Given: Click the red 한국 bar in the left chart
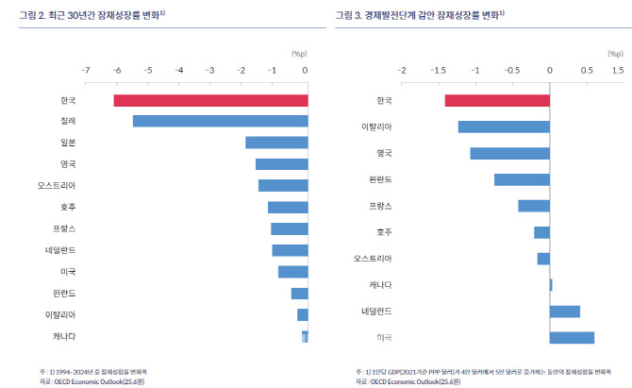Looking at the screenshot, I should [210, 101].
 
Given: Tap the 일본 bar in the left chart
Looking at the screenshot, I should [276, 143].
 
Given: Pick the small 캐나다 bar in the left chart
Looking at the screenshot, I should [305, 337].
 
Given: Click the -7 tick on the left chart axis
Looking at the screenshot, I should [86, 70].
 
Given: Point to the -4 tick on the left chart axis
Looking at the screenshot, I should [179, 70].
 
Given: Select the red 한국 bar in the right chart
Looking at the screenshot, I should [497, 101].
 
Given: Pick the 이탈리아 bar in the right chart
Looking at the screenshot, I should [504, 127].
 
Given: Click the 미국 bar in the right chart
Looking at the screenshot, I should [572, 338].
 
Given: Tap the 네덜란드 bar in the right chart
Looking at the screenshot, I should [564, 312].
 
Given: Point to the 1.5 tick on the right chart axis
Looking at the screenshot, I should [618, 70].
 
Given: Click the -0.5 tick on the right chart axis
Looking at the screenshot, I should [512, 70].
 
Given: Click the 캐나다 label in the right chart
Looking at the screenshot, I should [380, 284].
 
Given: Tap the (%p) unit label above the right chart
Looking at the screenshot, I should [591, 55].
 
